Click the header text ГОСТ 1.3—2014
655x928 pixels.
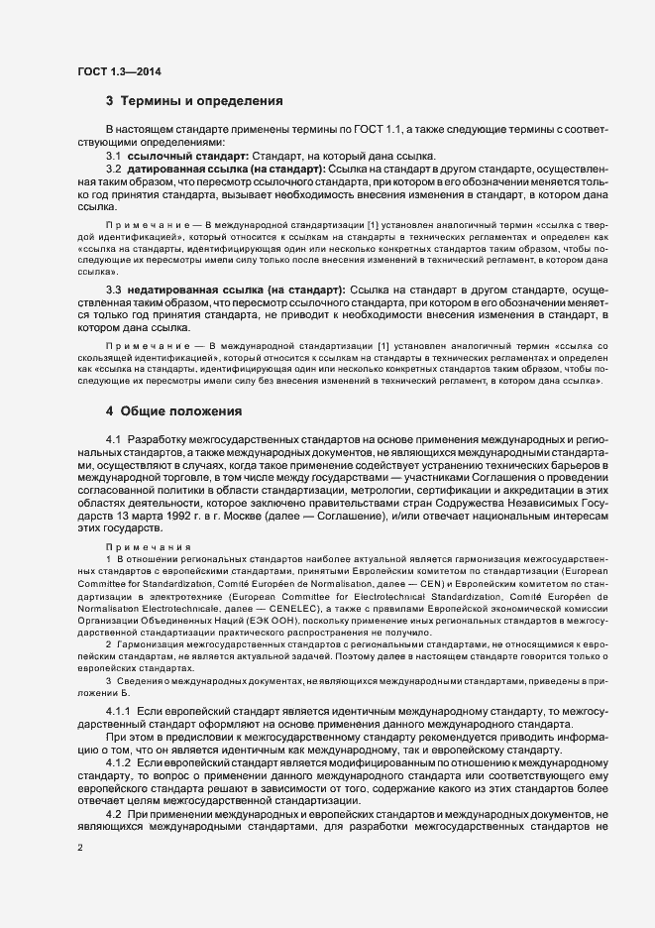tap(119, 71)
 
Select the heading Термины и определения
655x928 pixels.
tap(202, 101)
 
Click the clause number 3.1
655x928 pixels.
tap(113, 157)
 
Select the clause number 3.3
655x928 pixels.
tap(113, 289)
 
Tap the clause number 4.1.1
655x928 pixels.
tap(118, 713)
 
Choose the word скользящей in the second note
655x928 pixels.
tap(104, 384)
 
